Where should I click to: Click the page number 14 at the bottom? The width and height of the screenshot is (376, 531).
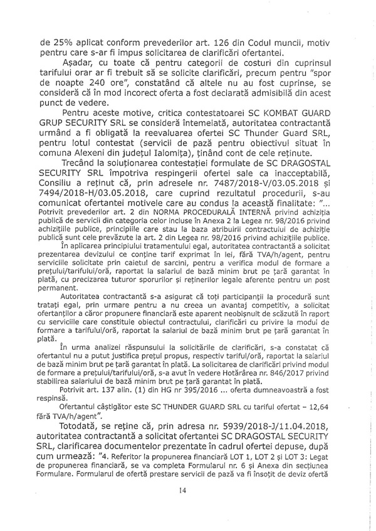pos(182,508)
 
